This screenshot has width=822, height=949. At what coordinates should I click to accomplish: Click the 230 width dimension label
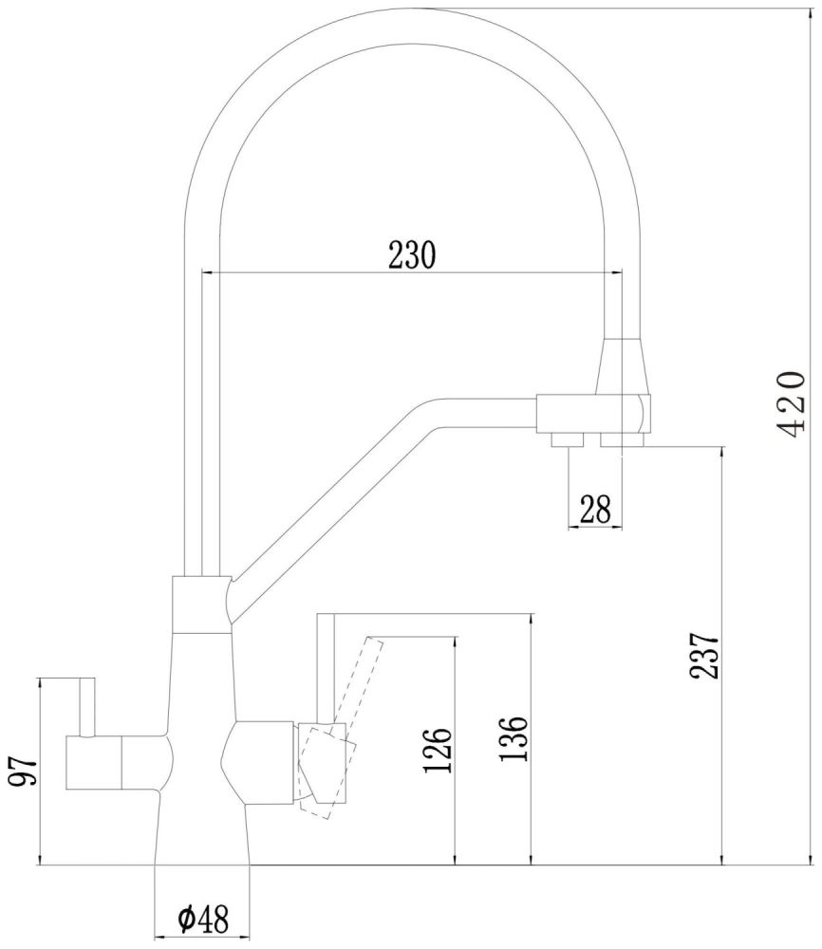pos(411,255)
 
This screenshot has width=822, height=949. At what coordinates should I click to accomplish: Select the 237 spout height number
pos(703,655)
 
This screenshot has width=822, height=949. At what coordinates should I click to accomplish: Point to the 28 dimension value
pos(594,510)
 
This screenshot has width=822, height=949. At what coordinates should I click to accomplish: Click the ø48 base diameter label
pos(202,918)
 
